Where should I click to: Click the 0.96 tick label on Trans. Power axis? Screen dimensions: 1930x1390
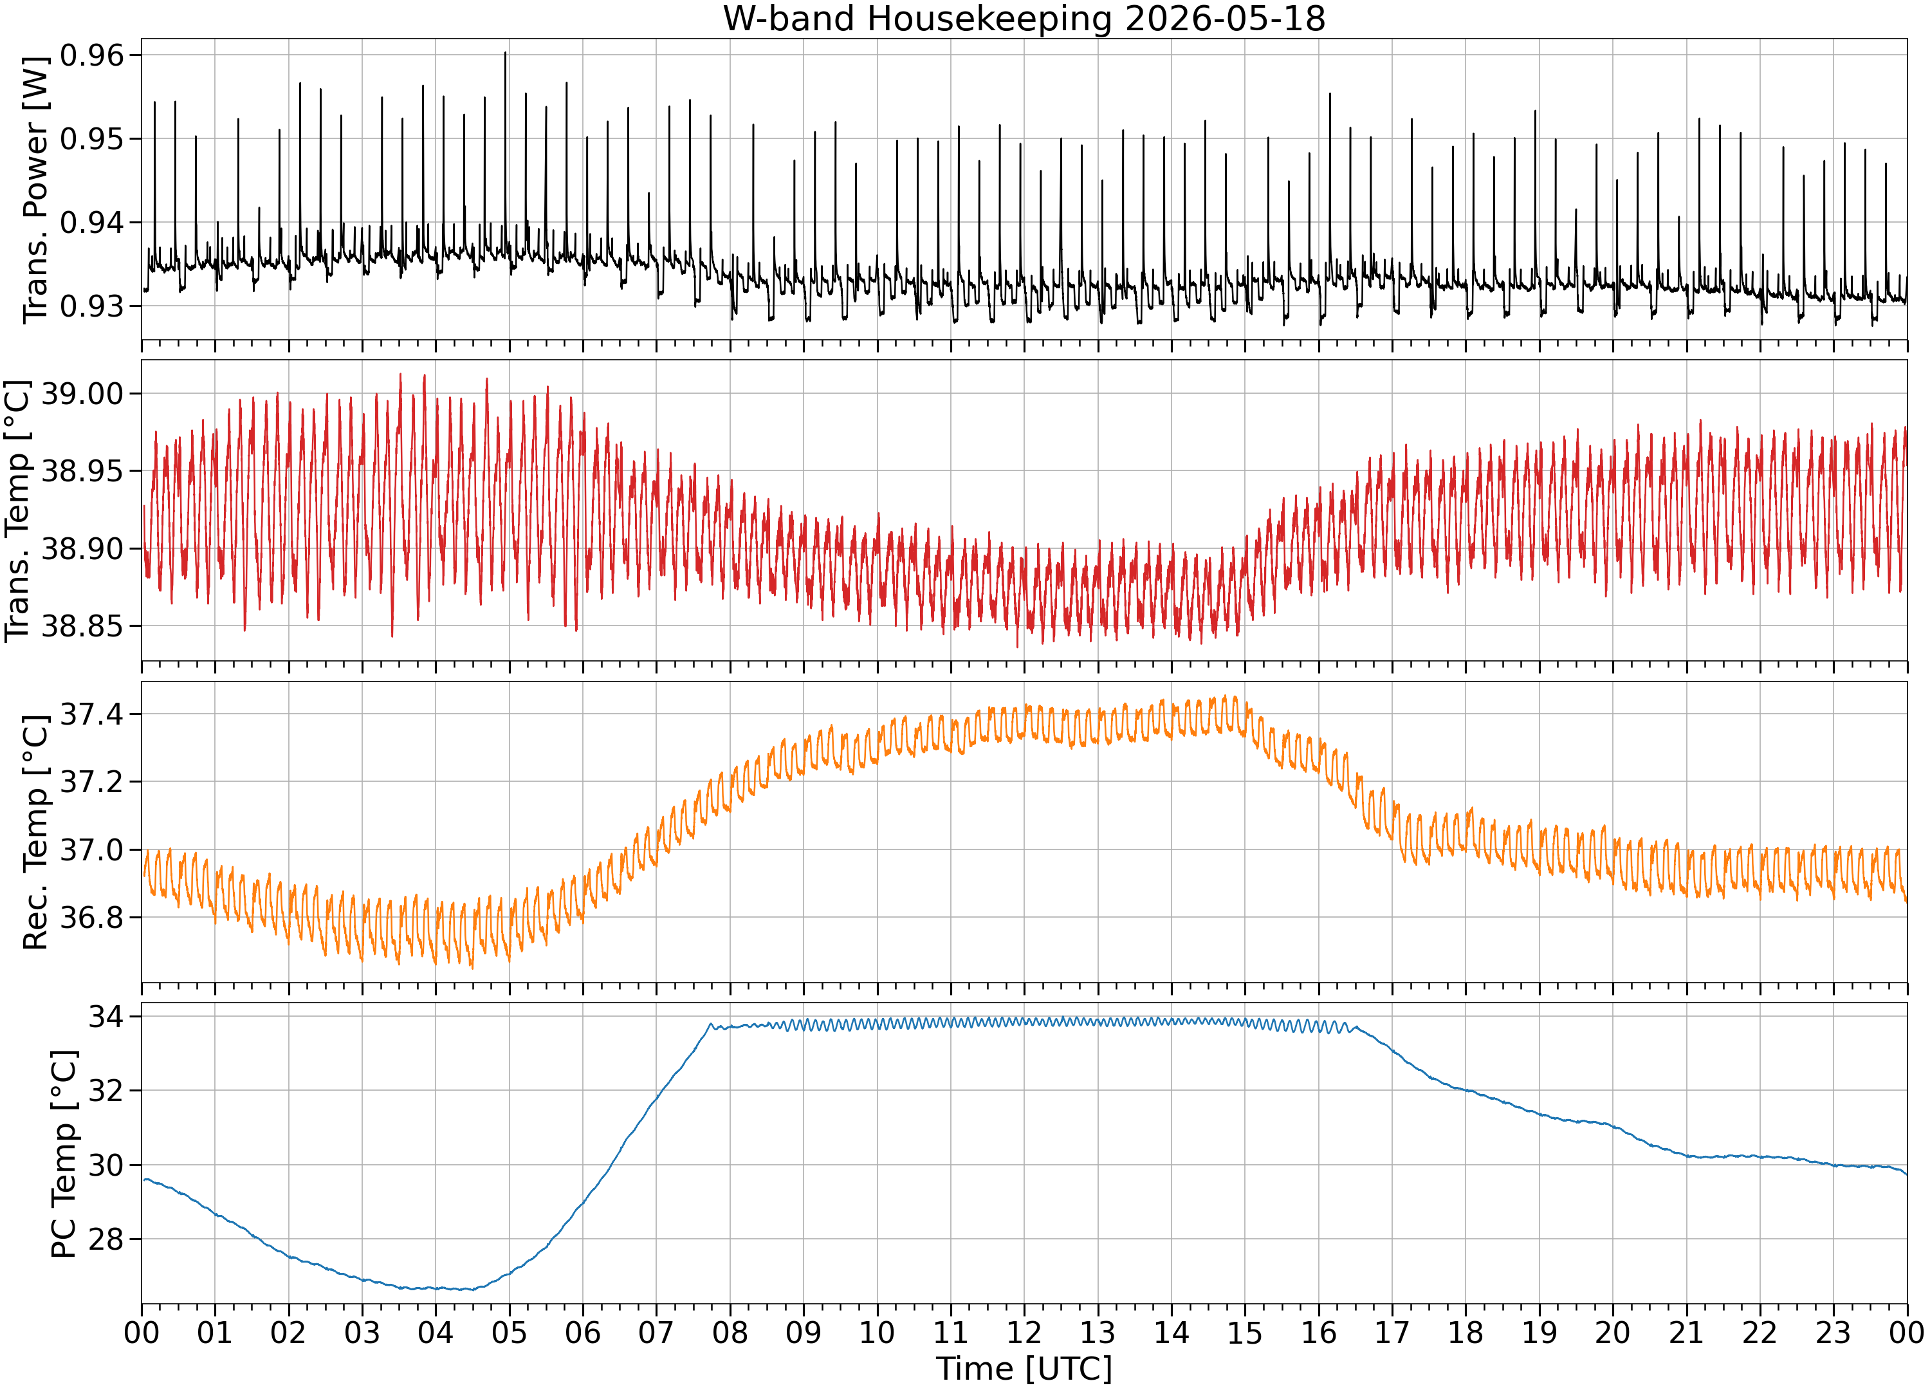92,55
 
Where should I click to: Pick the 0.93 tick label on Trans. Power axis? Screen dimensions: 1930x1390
92,306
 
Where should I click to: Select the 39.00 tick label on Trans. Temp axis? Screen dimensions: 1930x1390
82,393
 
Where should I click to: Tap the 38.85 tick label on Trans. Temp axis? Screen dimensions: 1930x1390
82,625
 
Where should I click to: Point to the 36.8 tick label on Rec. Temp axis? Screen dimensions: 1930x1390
92,918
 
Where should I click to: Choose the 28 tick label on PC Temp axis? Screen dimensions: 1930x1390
106,1239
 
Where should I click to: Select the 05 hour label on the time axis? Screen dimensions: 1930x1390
509,1332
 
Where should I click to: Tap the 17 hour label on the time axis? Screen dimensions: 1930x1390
1392,1332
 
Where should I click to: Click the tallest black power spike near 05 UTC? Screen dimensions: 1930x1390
506,53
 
